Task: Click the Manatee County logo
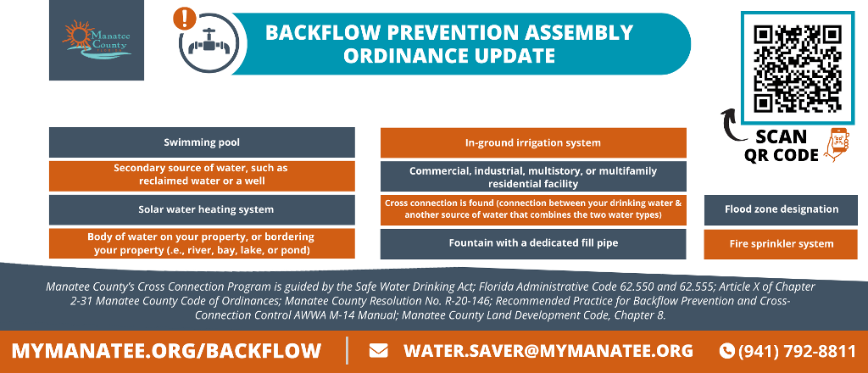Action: pos(97,40)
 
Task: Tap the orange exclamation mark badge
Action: pos(184,19)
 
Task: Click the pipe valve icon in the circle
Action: pos(209,42)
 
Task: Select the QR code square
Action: pos(798,68)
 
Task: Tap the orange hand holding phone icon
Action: pos(837,144)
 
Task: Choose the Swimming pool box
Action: pos(202,142)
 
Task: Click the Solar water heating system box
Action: pos(202,209)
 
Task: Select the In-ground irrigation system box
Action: pos(533,142)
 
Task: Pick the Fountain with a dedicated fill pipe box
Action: pos(533,243)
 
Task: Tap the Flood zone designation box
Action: pos(781,209)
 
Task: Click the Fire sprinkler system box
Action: pos(781,244)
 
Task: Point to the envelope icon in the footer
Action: pos(378,351)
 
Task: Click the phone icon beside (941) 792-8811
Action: pos(726,351)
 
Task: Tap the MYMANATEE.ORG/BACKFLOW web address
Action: pos(166,351)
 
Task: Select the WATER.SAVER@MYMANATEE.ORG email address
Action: pos(548,351)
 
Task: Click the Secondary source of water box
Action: pos(202,176)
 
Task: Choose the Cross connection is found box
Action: pos(533,209)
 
